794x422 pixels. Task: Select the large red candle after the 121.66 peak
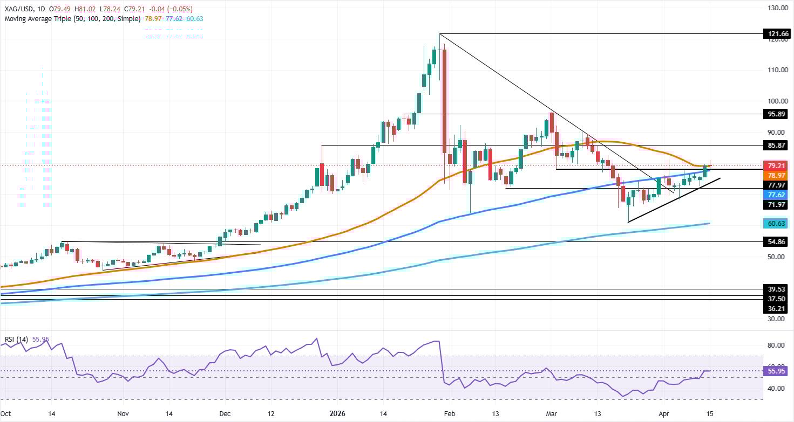point(444,102)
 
